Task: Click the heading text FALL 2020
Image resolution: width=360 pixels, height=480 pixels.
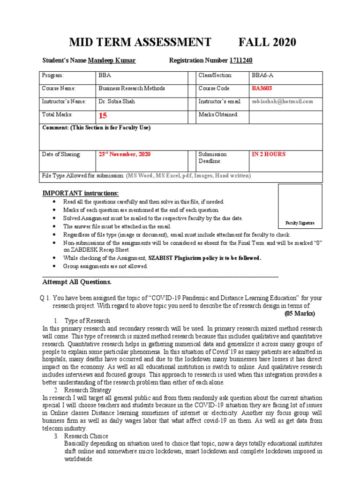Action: click(x=267, y=42)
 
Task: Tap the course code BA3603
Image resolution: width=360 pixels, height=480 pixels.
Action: click(x=262, y=88)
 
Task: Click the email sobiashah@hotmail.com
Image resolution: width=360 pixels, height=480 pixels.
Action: click(x=282, y=101)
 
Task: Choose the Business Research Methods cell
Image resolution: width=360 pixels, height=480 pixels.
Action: click(x=131, y=88)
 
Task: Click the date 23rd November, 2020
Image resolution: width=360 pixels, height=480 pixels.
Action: click(x=124, y=154)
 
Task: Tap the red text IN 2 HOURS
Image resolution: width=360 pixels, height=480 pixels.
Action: click(x=269, y=154)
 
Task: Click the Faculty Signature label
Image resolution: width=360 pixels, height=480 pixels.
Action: click(x=300, y=223)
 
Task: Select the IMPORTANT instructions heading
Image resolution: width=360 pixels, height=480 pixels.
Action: click(x=81, y=194)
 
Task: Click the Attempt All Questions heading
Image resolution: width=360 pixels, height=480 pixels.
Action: click(x=77, y=282)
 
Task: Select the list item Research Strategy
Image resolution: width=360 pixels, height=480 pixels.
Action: click(x=88, y=390)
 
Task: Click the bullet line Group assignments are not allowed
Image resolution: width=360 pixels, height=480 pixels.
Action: click(x=105, y=266)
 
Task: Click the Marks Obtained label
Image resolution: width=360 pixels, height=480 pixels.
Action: click(x=218, y=114)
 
